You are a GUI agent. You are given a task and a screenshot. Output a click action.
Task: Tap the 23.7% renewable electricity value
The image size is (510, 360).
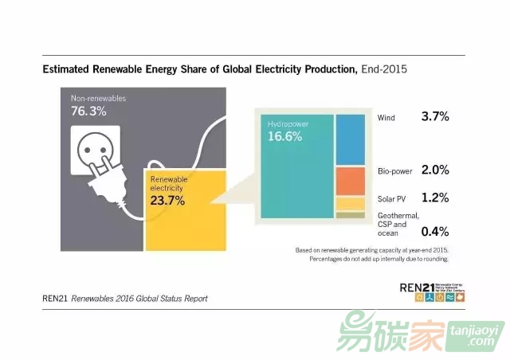coord(167,201)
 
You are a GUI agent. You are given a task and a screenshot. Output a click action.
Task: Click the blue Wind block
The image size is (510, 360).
coord(350,139)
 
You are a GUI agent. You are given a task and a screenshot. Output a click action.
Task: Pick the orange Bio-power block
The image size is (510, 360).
coord(350,181)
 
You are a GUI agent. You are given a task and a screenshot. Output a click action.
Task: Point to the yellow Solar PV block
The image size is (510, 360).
coord(350,204)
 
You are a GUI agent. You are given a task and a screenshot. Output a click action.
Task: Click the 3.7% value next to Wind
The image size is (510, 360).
coord(435,117)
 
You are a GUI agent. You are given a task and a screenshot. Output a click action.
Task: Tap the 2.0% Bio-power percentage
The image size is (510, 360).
coord(435,170)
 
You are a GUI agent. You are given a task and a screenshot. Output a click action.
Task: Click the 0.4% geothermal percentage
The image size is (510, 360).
coord(435,232)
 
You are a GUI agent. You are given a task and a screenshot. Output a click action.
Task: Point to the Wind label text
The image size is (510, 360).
coord(386,118)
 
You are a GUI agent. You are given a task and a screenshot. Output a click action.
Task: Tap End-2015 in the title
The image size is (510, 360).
coord(384,69)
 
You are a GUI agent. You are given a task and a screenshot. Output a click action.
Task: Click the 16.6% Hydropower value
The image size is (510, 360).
coord(284,137)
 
